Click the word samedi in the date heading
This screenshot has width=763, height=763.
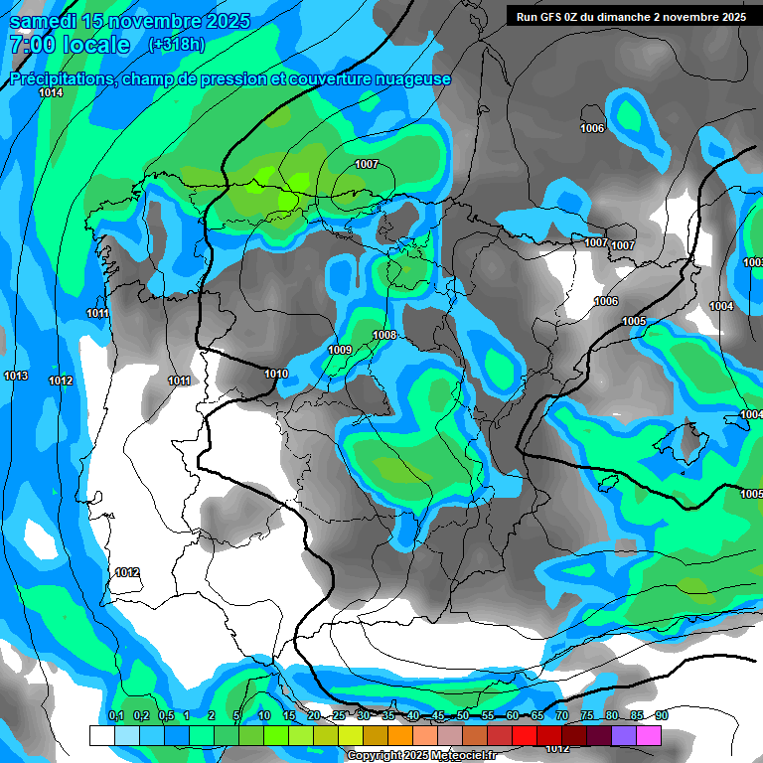click(45, 21)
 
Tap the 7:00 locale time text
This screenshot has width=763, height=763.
click(70, 45)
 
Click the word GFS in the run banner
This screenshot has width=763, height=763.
click(557, 16)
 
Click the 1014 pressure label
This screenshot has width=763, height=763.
click(51, 92)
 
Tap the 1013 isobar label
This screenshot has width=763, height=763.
click(16, 376)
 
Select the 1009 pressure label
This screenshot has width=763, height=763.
click(340, 350)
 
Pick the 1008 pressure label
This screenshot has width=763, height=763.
click(384, 335)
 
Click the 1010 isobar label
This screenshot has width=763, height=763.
click(276, 374)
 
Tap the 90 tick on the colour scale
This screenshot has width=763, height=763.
click(661, 715)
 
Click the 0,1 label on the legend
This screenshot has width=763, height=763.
click(116, 715)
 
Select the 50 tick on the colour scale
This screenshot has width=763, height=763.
click(463, 715)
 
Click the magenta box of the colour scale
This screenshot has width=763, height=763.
click(649, 735)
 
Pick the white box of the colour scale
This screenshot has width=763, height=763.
click(101, 735)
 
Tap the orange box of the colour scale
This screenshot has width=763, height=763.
click(399, 735)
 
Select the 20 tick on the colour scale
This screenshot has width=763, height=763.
click(314, 715)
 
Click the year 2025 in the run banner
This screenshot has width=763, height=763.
click(733, 16)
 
